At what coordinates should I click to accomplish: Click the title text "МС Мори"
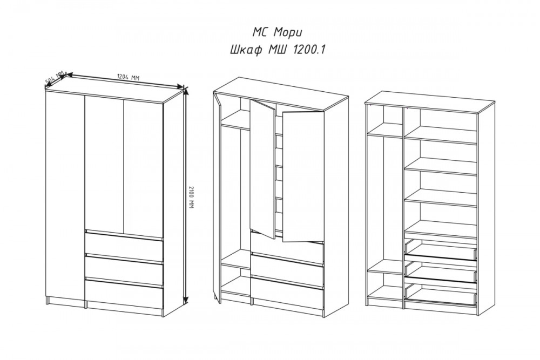click(x=278, y=33)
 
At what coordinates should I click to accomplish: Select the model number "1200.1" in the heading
click(x=309, y=50)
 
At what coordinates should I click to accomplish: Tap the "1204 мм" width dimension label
click(x=128, y=77)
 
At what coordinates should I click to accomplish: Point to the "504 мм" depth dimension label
click(x=55, y=78)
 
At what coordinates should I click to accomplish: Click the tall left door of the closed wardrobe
click(x=65, y=196)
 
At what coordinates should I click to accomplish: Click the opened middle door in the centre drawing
click(x=262, y=168)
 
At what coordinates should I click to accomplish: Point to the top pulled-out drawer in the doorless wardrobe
click(x=441, y=250)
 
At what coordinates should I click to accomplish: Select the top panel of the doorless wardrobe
click(x=430, y=102)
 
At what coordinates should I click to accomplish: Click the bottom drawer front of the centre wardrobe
click(x=287, y=293)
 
